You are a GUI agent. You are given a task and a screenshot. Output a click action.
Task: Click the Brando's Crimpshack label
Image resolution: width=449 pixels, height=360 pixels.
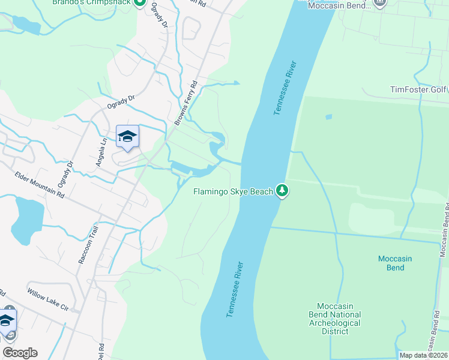point(91,2)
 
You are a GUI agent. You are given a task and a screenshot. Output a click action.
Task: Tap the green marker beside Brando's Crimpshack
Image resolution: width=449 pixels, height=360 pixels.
point(139,2)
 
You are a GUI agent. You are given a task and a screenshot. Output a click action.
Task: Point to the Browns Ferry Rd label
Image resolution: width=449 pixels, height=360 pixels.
point(186,103)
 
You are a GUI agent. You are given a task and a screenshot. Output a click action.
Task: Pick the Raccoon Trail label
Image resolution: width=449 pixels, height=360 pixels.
point(88,245)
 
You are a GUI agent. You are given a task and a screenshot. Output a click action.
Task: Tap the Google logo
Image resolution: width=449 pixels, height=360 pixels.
point(20,353)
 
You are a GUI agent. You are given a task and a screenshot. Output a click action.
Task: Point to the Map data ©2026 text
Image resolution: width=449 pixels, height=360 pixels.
point(424,355)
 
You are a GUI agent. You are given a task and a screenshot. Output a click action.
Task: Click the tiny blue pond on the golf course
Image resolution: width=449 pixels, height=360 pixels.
point(328,116)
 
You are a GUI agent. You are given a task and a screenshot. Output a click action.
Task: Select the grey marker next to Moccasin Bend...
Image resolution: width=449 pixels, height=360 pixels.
point(379,2)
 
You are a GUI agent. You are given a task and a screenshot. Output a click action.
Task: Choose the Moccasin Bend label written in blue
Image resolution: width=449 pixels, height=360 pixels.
point(395,263)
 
